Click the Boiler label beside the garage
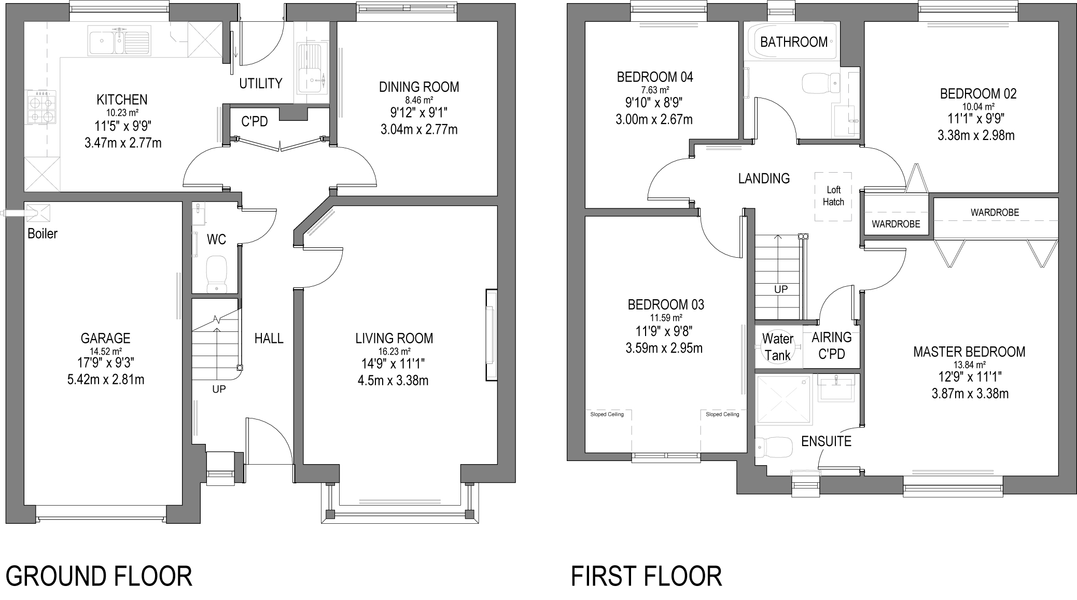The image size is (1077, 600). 43,233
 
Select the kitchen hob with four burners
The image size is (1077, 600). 41,107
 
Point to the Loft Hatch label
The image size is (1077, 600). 833,196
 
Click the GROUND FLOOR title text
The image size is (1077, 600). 99,576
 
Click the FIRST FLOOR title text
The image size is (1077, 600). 646,576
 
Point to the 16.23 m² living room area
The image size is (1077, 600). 394,351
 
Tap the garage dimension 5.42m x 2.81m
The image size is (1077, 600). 106,380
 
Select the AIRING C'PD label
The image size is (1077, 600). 832,345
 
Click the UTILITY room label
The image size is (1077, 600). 261,83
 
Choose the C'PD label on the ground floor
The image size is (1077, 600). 255,121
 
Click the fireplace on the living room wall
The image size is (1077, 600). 491,336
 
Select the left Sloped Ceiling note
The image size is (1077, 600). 607,414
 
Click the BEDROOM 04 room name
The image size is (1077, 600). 655,77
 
